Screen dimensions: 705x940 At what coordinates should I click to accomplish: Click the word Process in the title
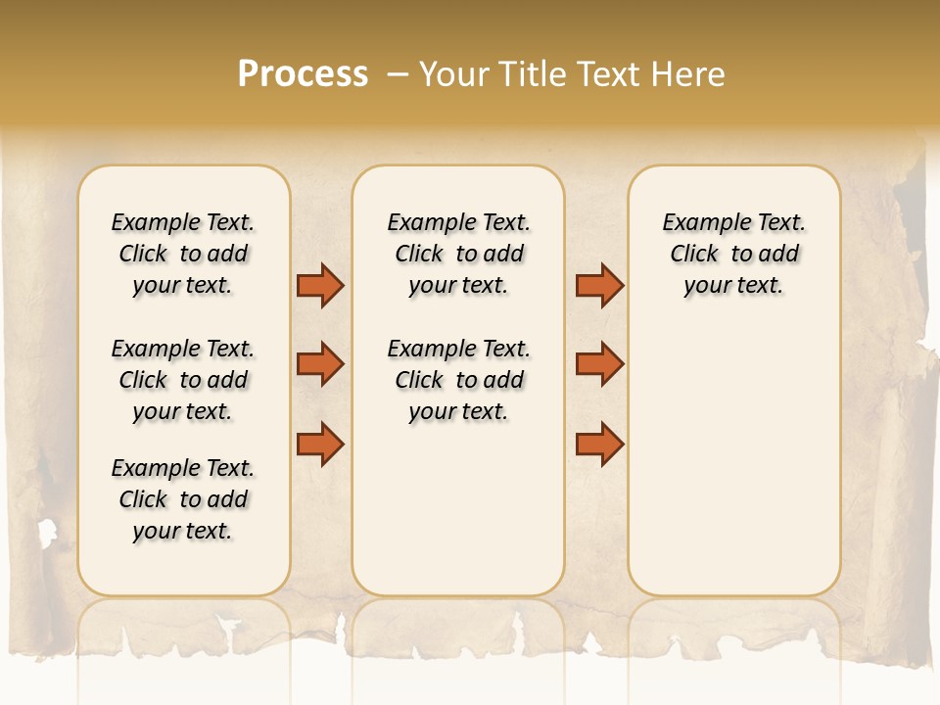(303, 74)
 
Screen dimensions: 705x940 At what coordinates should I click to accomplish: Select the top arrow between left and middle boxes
(320, 285)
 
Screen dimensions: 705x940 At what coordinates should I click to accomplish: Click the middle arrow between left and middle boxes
(320, 364)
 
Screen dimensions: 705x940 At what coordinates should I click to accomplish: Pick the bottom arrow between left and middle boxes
(320, 444)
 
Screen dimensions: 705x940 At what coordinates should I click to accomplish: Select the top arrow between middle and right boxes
(599, 285)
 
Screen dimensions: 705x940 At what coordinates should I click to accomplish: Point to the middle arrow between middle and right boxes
(599, 364)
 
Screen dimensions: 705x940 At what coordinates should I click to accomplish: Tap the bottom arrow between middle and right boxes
(599, 444)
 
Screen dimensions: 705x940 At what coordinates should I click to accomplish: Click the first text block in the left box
(183, 254)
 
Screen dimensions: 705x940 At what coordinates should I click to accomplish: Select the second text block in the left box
(183, 380)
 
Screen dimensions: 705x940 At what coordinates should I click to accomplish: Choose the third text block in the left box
(183, 499)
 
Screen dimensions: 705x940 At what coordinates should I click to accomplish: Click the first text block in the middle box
(459, 254)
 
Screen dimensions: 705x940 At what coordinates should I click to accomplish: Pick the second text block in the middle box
(459, 380)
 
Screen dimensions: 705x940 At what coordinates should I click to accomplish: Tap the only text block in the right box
(734, 254)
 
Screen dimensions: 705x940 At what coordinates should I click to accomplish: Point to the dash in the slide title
(398, 74)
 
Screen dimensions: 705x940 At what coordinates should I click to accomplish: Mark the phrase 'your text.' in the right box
(734, 285)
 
